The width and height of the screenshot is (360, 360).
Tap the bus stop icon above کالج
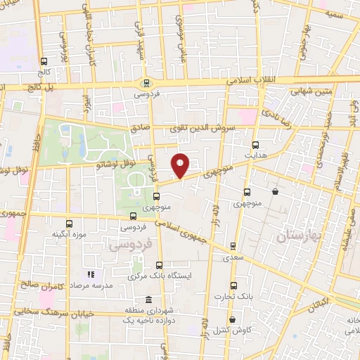44,61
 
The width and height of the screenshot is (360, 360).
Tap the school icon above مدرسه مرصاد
90,274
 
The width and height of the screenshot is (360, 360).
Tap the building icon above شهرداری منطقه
146,298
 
